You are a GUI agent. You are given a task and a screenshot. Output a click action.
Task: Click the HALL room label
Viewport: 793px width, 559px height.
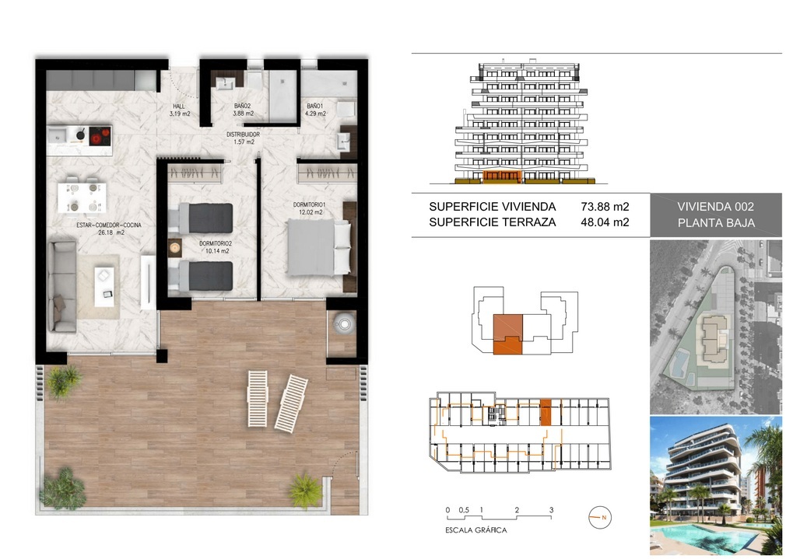click(179, 107)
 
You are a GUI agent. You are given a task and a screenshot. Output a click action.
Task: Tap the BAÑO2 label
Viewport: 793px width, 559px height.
click(243, 107)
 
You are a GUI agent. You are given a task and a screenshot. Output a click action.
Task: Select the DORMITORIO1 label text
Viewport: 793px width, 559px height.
click(310, 204)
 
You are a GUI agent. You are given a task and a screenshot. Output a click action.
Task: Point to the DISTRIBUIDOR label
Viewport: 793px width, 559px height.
click(244, 135)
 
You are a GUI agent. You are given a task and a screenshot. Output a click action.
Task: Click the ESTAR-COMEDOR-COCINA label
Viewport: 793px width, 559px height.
click(109, 225)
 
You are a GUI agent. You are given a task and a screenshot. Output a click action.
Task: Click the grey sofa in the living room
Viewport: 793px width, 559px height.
click(62, 286)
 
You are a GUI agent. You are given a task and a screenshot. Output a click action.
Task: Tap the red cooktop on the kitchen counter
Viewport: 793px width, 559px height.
click(100, 136)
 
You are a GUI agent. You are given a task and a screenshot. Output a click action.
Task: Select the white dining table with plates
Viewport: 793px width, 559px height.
click(82, 197)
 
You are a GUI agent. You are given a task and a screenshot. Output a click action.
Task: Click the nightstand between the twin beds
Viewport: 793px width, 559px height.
click(175, 248)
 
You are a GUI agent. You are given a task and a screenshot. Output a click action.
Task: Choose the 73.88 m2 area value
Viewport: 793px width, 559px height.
click(605, 207)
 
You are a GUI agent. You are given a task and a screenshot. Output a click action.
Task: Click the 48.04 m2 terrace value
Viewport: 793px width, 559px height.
click(605, 222)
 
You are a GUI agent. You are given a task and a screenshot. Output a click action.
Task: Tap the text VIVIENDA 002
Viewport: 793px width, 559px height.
click(716, 207)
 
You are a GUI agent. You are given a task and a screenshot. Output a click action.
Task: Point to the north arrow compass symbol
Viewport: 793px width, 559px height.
click(600, 518)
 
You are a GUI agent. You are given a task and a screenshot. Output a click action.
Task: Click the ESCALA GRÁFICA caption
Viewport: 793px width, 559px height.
click(476, 530)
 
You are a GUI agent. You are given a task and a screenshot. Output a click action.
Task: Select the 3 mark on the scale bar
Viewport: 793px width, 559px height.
click(551, 510)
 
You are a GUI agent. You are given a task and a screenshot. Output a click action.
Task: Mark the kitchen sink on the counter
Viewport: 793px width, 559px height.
click(57, 135)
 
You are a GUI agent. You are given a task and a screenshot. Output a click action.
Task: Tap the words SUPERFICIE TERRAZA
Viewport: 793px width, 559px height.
click(492, 222)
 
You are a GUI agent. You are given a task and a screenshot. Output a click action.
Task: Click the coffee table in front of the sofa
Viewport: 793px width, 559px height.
click(104, 287)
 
